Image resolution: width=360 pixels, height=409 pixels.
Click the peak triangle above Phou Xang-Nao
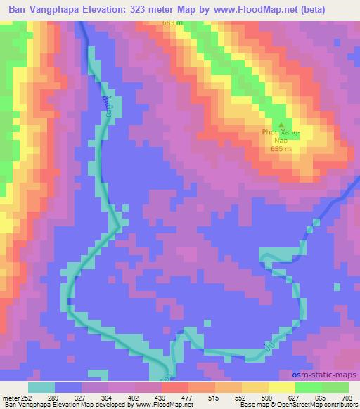pos(281,124)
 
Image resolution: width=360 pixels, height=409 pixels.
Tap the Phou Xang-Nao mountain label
pos(281,136)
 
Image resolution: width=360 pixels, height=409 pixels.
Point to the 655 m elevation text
pos(281,148)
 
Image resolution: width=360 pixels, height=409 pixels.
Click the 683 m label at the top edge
pos(172,22)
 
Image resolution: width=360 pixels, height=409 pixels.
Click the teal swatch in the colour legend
pos(42,387)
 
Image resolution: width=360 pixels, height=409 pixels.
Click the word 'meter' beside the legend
pos(11,398)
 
